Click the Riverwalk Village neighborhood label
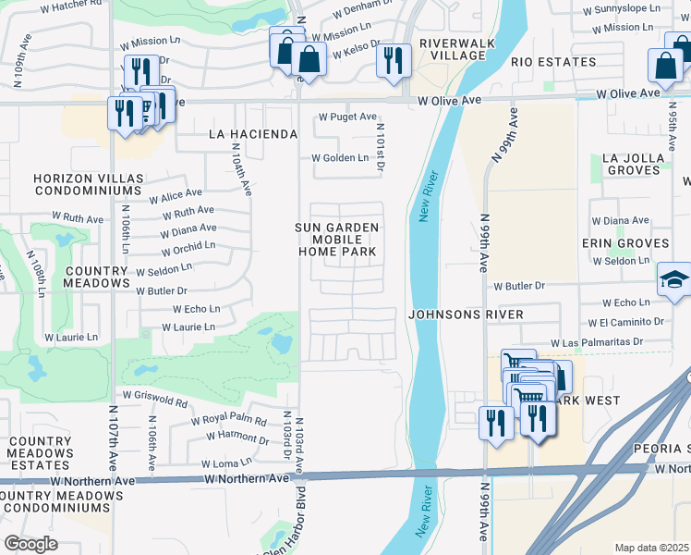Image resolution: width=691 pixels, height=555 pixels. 457,49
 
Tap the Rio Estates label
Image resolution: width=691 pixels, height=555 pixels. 553,62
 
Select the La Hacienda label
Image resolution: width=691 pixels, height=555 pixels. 253,134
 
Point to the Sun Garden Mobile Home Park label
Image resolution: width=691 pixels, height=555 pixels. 337,239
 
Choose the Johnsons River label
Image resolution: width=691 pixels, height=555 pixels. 466,314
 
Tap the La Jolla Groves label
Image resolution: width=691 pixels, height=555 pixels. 633,164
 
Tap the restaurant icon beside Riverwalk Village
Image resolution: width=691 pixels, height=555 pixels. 394,61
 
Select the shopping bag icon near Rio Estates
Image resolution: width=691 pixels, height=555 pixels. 665,66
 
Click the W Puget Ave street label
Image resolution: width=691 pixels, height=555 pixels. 347,117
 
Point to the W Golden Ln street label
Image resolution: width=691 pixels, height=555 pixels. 339,158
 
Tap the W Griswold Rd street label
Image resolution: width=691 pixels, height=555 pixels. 163,404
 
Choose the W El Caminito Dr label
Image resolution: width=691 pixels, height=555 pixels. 625,323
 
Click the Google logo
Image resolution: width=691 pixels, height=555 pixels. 31,543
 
